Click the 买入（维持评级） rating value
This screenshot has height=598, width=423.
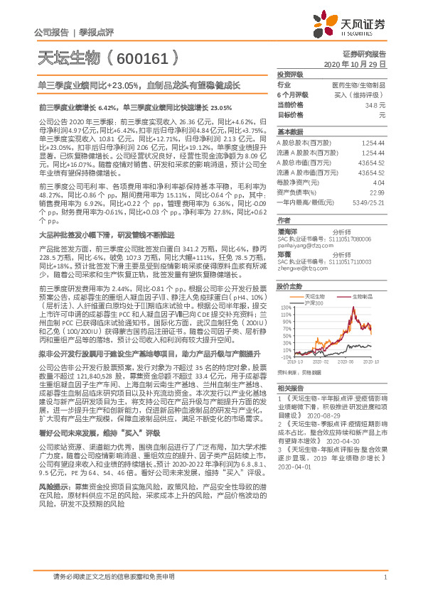363,94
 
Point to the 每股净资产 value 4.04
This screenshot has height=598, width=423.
378,183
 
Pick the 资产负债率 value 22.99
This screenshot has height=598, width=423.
377,192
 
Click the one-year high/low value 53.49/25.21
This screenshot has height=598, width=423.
370,202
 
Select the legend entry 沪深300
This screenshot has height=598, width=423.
313,303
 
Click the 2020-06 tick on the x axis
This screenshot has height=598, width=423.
341,361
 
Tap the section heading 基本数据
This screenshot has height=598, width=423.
289,132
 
